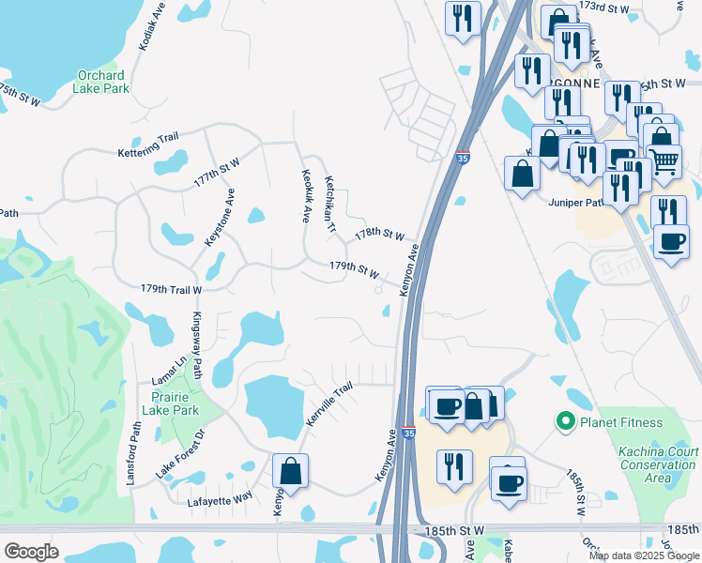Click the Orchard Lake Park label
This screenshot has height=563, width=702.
coord(103,82)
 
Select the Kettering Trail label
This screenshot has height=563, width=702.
coord(148,145)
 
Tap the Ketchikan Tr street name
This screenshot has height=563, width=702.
coord(329,205)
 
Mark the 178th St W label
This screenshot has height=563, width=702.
coord(379,233)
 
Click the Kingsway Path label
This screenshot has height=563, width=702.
coord(198,345)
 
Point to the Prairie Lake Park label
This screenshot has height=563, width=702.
coord(175,403)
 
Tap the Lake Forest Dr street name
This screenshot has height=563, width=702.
coord(180,455)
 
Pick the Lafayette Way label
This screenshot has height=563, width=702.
coord(221,496)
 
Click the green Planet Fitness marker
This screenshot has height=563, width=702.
coord(565,422)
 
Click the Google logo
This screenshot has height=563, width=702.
coord(32,552)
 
